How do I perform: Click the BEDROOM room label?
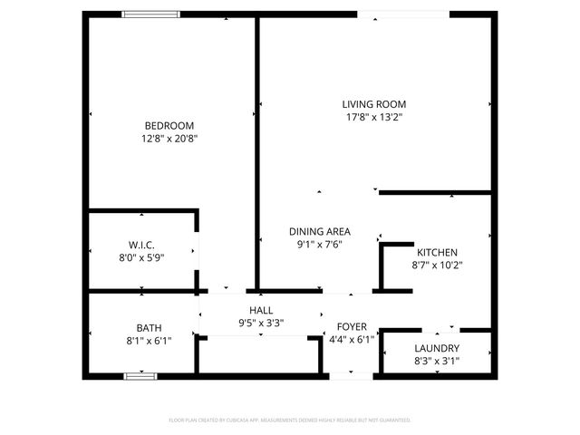point(169,125)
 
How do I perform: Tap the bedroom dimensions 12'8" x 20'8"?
point(169,139)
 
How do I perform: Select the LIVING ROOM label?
point(373,104)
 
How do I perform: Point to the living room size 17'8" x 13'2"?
point(373,117)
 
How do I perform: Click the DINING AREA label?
point(320,231)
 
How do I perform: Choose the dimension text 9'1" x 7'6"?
point(320,244)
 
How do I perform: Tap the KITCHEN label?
point(437,252)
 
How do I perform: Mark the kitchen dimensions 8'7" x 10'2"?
point(437,266)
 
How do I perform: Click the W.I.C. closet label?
point(141,245)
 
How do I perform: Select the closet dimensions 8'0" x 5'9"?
point(141,257)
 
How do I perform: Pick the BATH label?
point(149,327)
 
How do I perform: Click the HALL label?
point(261,310)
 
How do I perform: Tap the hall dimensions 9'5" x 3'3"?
point(261,323)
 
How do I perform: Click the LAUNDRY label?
point(437,348)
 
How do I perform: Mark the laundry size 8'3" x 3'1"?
point(437,362)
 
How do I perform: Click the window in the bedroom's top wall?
point(150,14)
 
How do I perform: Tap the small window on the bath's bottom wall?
point(140,374)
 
